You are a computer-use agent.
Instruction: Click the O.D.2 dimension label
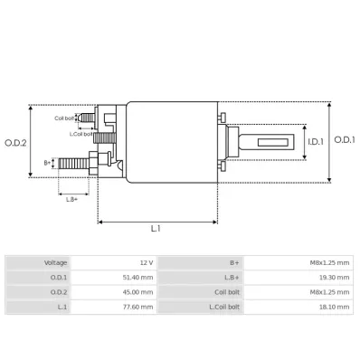[x=16, y=142]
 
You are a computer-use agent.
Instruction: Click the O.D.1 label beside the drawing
[x=345, y=139]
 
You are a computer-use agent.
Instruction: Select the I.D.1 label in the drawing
[x=315, y=141]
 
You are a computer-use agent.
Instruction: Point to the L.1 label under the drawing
[x=156, y=229]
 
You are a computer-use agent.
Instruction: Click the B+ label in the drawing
[x=48, y=164]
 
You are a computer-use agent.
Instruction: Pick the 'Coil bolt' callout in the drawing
[x=64, y=118]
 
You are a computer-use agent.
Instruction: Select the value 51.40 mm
[x=141, y=277]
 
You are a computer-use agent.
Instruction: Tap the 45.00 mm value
[x=141, y=292]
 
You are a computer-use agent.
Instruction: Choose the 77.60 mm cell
[x=141, y=308]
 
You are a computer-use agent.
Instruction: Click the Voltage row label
[x=56, y=262]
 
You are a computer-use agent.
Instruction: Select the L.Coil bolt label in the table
[x=226, y=308]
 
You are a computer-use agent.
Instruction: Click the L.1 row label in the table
[x=63, y=308]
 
